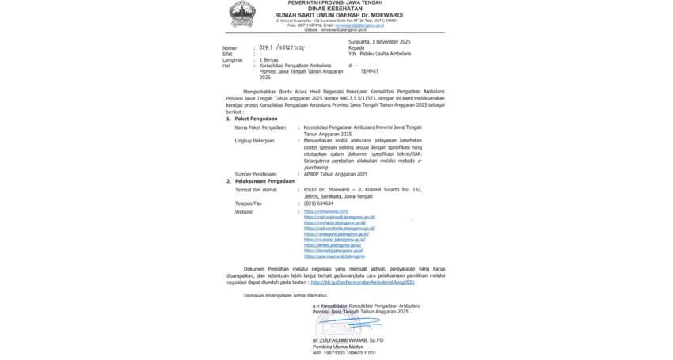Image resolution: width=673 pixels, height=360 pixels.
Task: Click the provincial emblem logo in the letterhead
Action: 241,14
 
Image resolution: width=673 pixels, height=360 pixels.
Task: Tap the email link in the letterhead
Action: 359,25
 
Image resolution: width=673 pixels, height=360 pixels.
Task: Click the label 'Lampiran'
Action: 232,59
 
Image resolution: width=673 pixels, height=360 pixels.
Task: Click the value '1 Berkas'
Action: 269,59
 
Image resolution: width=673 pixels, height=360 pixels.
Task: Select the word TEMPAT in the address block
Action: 370,71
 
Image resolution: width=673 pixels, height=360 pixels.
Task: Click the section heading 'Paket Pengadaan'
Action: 256,119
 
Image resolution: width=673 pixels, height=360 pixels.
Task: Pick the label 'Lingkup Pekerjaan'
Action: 254,141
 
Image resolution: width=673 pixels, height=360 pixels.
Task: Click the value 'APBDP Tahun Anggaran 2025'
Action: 336,174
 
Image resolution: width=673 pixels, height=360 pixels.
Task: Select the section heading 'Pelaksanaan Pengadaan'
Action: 264,181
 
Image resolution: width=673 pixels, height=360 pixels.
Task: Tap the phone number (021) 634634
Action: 318,203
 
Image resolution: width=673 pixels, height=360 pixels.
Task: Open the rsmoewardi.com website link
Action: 326,212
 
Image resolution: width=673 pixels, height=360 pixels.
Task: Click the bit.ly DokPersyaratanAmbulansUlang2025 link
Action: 363,282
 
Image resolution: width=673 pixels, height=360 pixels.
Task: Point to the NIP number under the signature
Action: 344,353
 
